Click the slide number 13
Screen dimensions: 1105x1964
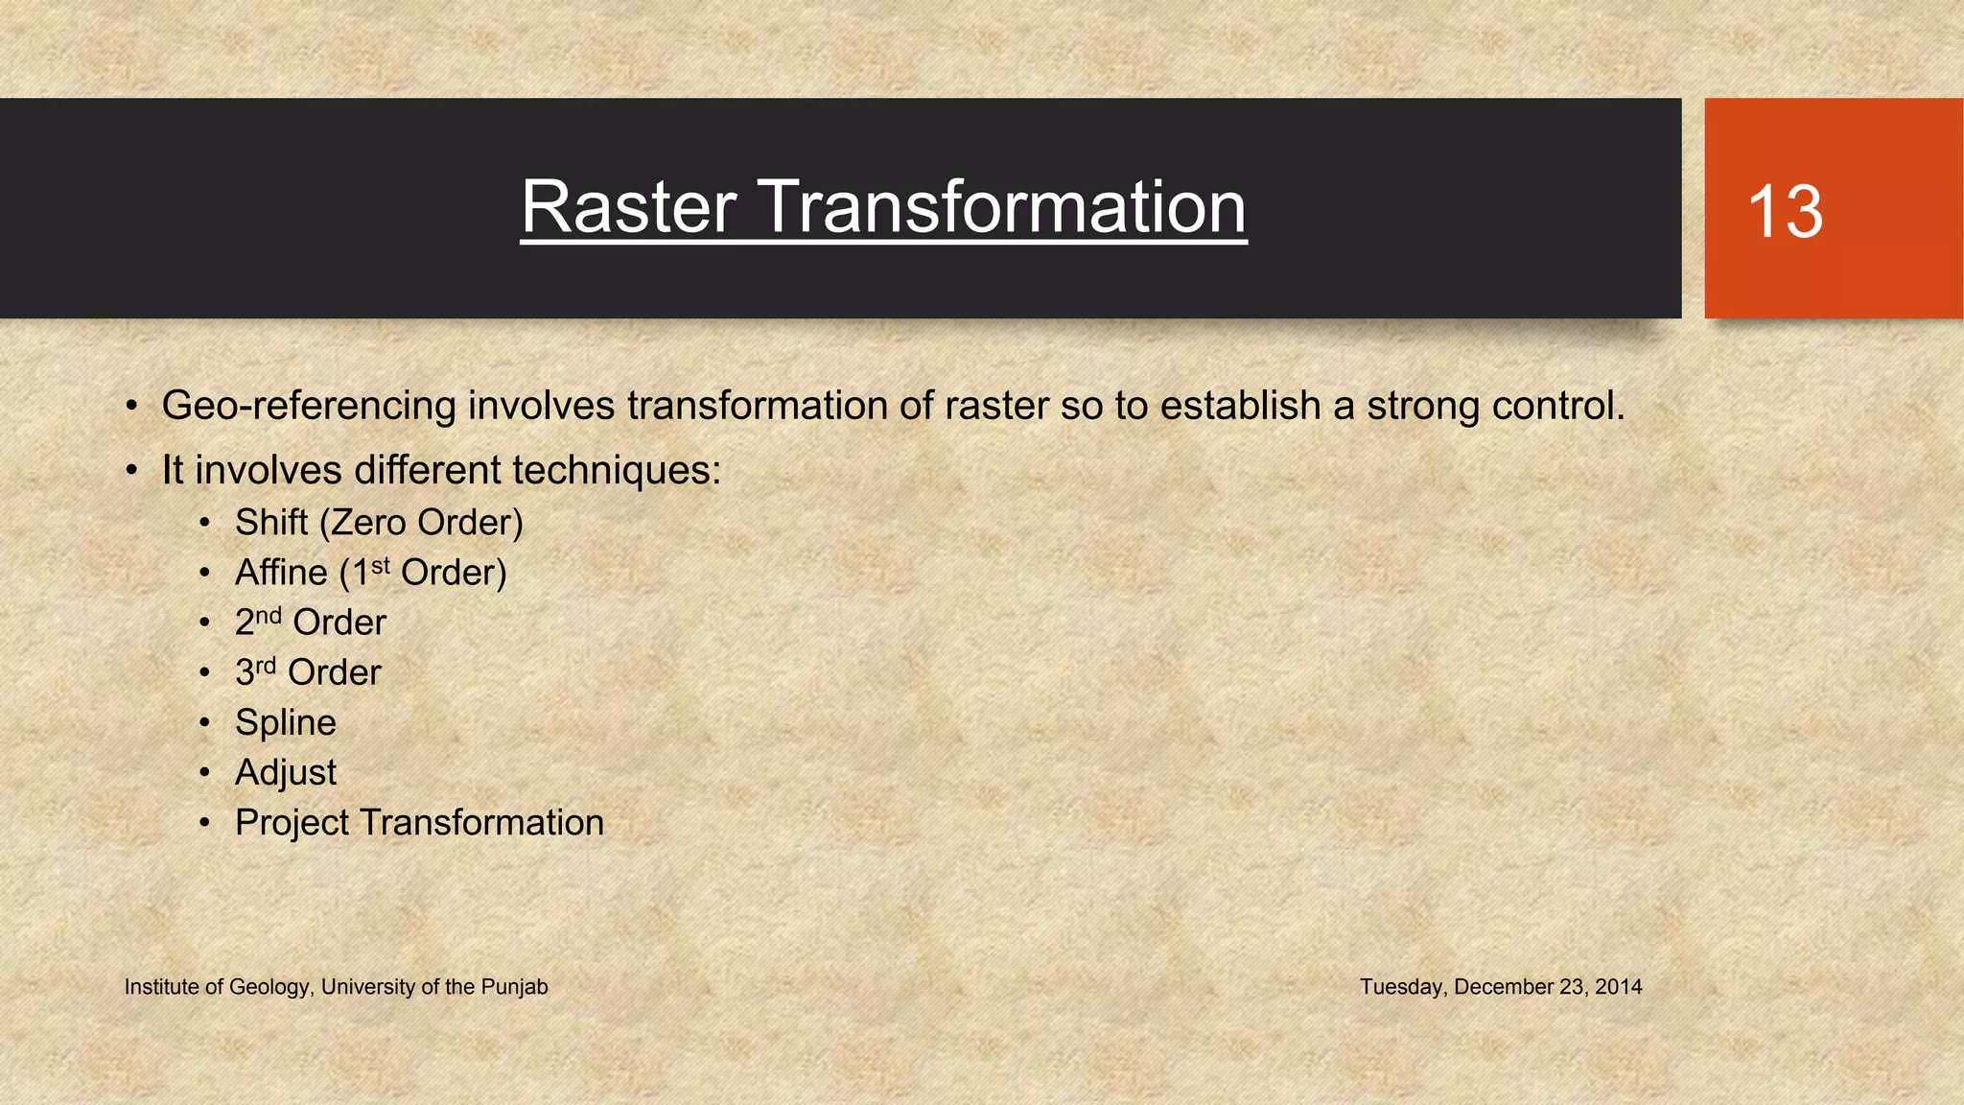click(x=1785, y=212)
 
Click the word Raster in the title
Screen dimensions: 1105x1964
click(x=629, y=207)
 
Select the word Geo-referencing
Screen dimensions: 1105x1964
click(x=309, y=407)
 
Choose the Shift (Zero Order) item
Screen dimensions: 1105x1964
click(x=379, y=523)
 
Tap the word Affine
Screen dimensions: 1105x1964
click(x=281, y=573)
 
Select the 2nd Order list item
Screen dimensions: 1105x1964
click(x=310, y=623)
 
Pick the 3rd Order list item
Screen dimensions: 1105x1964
click(x=308, y=672)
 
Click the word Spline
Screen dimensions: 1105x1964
click(x=286, y=722)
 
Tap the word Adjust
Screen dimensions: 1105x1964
click(x=286, y=772)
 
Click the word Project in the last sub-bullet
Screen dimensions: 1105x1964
click(x=292, y=823)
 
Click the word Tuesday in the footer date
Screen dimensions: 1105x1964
click(x=1401, y=987)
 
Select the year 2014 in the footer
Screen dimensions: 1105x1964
click(x=1618, y=987)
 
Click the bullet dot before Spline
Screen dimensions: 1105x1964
click(x=204, y=723)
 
